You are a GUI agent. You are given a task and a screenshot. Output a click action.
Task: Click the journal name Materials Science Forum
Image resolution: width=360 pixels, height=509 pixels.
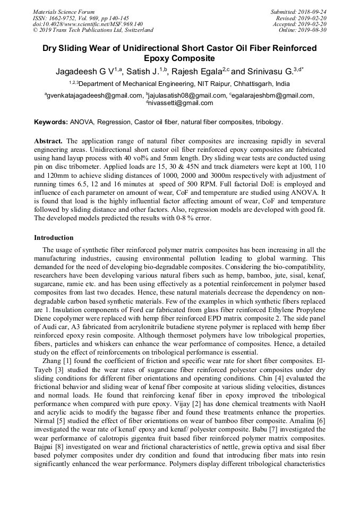tap(64, 12)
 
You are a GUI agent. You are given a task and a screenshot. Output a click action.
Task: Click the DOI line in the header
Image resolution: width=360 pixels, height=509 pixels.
tap(88, 24)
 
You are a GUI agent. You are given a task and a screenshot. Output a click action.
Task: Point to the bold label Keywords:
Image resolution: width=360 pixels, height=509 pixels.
tap(51, 122)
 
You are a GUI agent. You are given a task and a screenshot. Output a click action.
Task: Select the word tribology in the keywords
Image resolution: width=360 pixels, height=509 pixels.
tap(269, 122)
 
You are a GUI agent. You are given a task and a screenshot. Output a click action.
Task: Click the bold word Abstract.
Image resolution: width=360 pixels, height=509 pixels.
tap(48, 141)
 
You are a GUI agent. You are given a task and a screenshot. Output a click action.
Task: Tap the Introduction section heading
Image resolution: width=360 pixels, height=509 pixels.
tap(54, 238)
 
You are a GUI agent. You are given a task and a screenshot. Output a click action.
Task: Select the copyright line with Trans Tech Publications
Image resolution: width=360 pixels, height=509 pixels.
tap(93, 30)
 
